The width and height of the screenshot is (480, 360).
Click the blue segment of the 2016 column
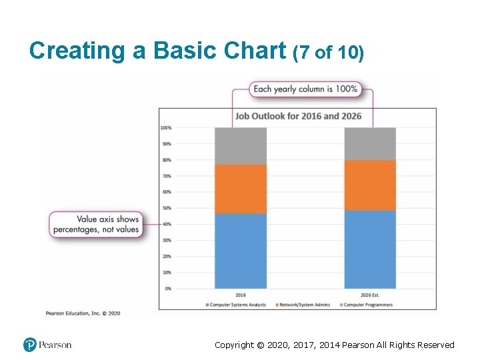click(x=241, y=251)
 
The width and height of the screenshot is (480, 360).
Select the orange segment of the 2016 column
click(x=241, y=189)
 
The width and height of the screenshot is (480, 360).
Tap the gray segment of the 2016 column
click(x=241, y=146)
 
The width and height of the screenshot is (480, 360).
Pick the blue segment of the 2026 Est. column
click(x=370, y=250)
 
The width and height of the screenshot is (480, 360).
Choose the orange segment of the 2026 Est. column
click(x=370, y=185)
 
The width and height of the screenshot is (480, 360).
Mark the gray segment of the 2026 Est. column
click(x=370, y=143)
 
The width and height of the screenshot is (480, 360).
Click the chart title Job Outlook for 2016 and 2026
click(x=298, y=116)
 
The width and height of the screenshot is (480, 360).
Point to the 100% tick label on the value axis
click(x=165, y=127)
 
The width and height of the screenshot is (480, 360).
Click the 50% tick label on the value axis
click(x=166, y=208)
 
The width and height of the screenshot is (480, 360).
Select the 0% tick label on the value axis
click(x=167, y=289)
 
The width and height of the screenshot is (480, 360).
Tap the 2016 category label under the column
click(x=241, y=295)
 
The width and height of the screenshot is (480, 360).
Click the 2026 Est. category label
click(x=370, y=295)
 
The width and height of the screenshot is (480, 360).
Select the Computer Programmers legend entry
click(x=366, y=305)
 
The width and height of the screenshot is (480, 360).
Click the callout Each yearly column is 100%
click(x=305, y=89)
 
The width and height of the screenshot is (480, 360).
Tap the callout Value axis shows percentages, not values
click(x=97, y=224)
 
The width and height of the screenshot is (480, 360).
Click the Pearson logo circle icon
click(x=29, y=345)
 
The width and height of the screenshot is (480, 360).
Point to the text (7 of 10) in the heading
click(x=328, y=53)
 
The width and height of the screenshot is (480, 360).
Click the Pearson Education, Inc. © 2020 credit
click(x=83, y=313)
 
